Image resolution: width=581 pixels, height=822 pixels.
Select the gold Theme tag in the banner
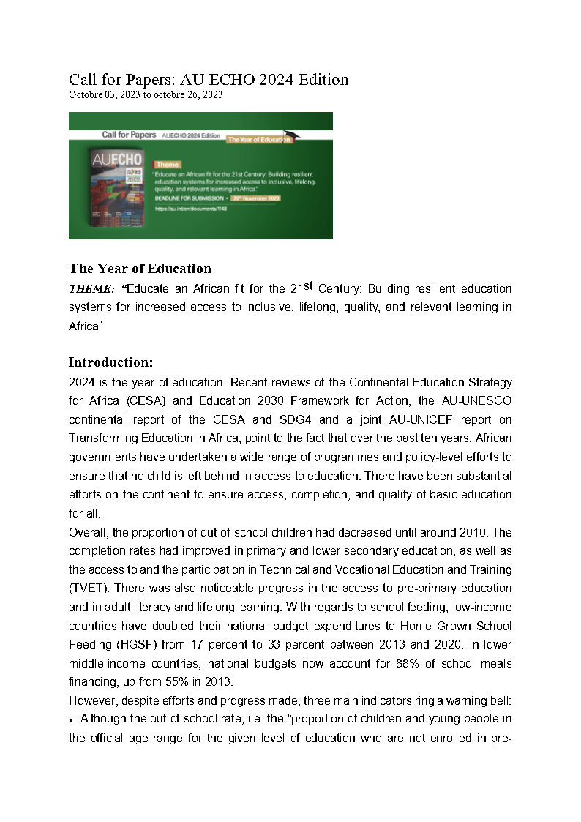(x=167, y=165)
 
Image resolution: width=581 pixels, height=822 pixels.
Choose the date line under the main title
(x=146, y=94)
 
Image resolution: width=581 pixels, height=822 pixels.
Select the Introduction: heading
(x=111, y=362)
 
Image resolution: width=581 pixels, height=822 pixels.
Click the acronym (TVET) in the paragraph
(x=88, y=589)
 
